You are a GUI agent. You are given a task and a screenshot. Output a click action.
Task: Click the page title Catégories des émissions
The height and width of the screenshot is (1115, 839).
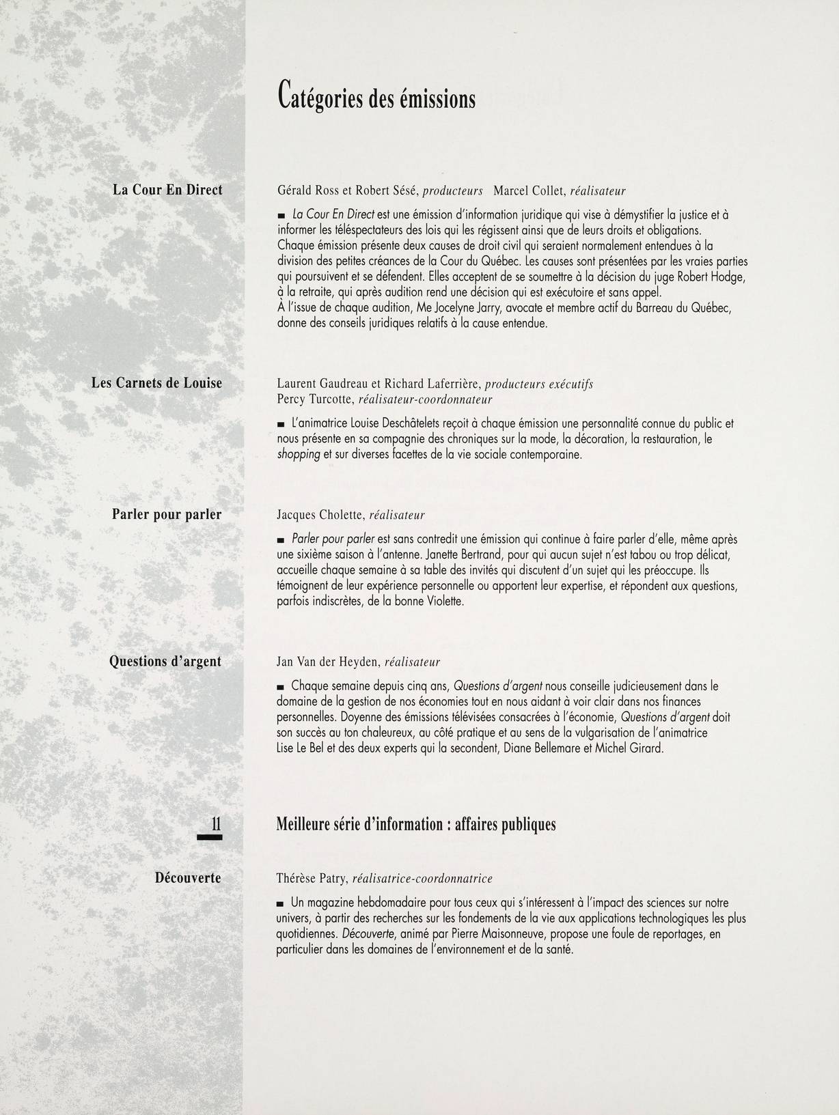click(376, 97)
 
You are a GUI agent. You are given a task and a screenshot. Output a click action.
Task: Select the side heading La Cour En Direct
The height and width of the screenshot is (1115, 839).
click(167, 190)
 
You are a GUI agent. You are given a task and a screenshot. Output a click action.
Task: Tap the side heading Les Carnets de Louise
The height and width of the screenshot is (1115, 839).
click(156, 383)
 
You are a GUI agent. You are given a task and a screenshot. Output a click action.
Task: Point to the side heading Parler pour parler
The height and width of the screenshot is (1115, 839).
click(167, 514)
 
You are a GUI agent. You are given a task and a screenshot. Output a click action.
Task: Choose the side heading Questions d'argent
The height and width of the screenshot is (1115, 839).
click(165, 661)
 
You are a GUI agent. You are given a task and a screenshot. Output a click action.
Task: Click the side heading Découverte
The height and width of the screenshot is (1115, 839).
click(187, 878)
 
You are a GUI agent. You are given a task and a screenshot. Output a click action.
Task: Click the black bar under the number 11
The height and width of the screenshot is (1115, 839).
click(210, 838)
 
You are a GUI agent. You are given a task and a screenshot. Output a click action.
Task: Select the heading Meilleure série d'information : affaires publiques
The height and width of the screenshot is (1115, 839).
click(415, 825)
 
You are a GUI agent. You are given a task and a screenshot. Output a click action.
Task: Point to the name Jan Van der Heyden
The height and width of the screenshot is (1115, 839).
click(327, 662)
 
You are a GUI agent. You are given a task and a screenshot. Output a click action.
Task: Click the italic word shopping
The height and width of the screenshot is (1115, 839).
click(299, 455)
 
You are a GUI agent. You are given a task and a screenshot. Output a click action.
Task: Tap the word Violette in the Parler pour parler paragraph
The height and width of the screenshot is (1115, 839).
click(443, 602)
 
